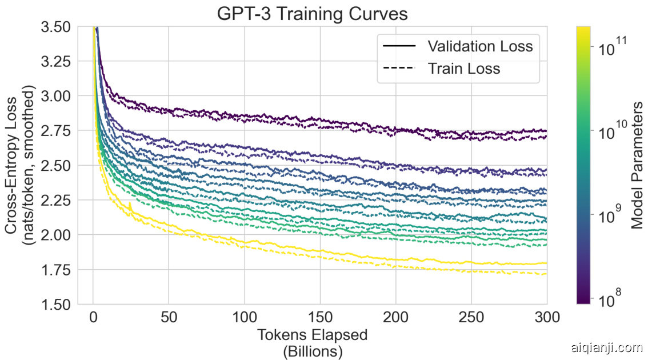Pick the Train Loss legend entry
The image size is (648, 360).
464,69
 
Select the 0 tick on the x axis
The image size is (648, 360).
93,317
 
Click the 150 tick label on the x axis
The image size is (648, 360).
320,317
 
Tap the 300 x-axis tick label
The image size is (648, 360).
547,317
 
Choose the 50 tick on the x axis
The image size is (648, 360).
169,317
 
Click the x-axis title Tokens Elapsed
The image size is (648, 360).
313,334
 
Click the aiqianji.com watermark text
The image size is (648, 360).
607,347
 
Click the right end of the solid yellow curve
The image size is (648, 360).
546,263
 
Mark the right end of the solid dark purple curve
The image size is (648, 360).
546,131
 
